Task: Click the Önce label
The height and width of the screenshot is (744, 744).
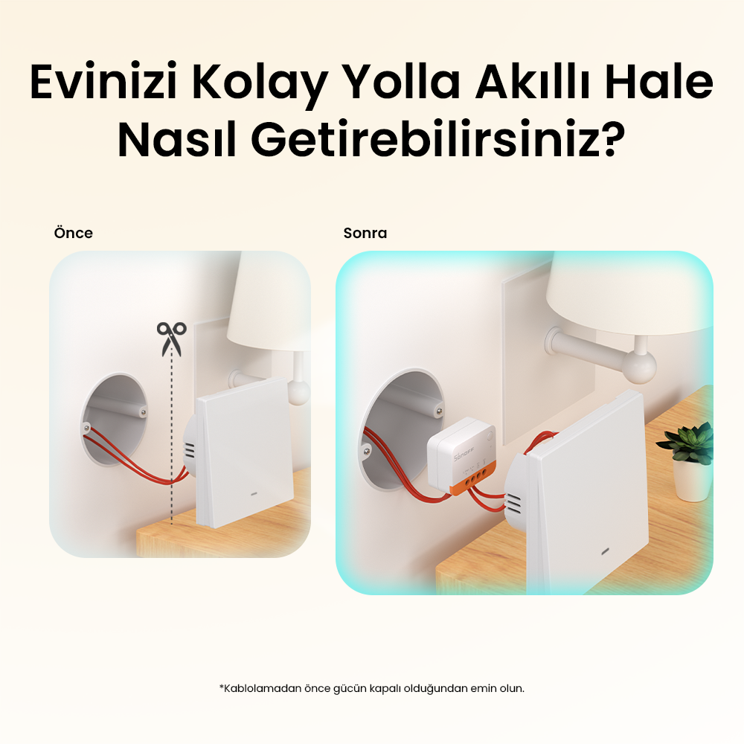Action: pyautogui.click(x=73, y=233)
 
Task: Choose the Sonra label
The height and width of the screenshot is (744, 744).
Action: pyautogui.click(x=365, y=233)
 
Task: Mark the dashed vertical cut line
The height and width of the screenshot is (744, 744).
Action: pyautogui.click(x=172, y=446)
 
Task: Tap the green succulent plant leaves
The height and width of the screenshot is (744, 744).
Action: pyautogui.click(x=686, y=443)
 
